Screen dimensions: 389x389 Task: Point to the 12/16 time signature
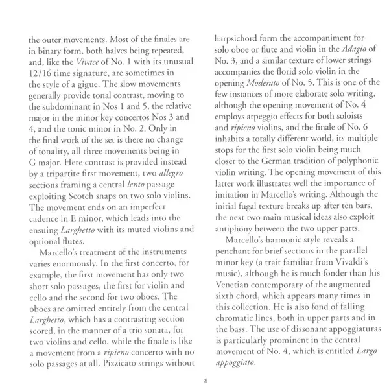coord(45,84)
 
